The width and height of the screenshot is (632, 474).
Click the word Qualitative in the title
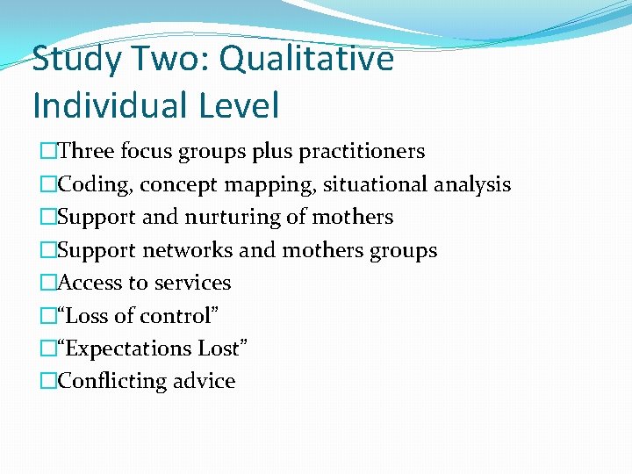pos(306,60)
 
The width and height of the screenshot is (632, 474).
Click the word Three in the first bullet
pos(86,151)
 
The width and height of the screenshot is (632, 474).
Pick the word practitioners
pos(362,152)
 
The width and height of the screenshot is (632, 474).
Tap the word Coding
pos(95,184)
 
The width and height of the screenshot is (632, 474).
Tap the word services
pos(195,283)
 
